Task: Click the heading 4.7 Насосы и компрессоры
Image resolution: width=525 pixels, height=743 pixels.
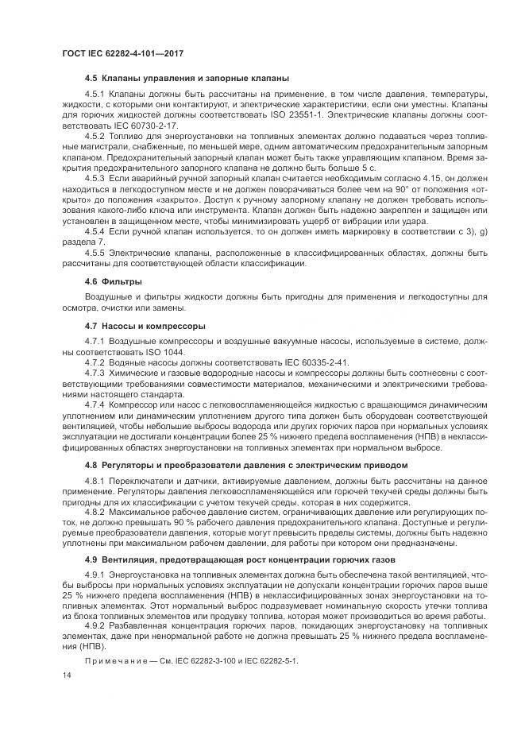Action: point(145,326)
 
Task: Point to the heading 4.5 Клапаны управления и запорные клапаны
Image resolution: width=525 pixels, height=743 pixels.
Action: point(186,78)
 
